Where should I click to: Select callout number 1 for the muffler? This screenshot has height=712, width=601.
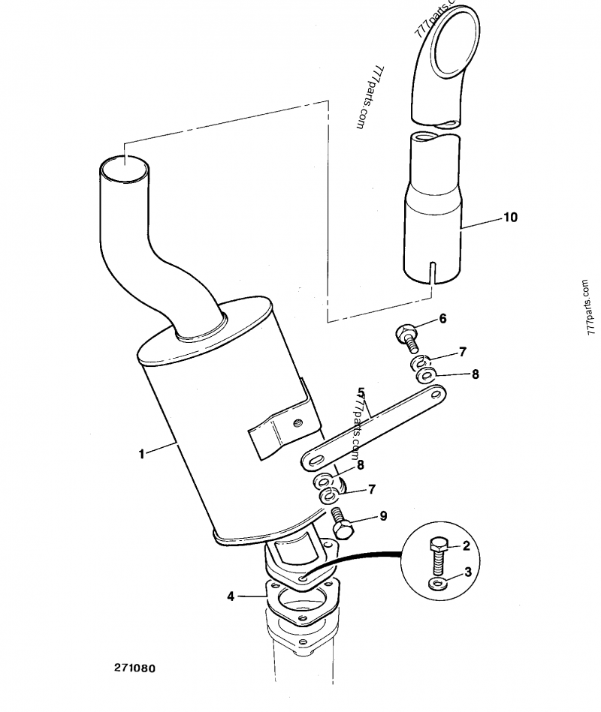pyautogui.click(x=141, y=454)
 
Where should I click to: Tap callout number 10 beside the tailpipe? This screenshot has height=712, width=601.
pyautogui.click(x=510, y=218)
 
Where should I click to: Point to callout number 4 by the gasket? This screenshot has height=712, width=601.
pyautogui.click(x=231, y=596)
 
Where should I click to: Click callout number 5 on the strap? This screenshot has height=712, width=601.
pyautogui.click(x=361, y=392)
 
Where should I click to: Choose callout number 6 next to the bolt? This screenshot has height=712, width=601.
pyautogui.click(x=442, y=319)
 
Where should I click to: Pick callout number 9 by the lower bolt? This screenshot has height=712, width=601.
pyautogui.click(x=382, y=515)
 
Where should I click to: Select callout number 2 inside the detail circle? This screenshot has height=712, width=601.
pyautogui.click(x=467, y=545)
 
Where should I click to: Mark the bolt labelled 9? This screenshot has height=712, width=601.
pyautogui.click(x=343, y=522)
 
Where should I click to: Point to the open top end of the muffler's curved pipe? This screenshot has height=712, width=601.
pyautogui.click(x=124, y=169)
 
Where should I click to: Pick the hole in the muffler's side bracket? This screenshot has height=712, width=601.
pyautogui.click(x=298, y=422)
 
